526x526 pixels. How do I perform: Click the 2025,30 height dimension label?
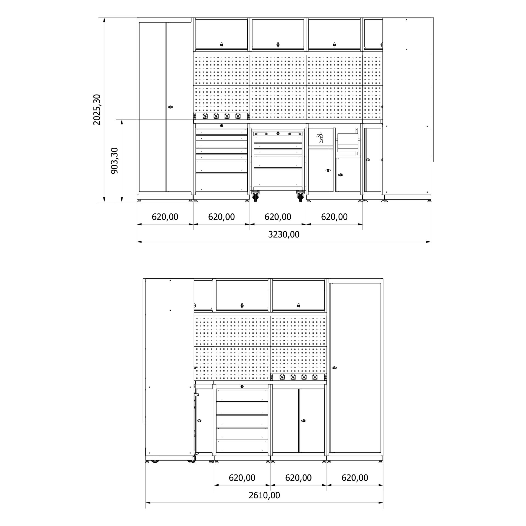pyautogui.click(x=97, y=110)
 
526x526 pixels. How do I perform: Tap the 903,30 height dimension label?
pyautogui.click(x=114, y=161)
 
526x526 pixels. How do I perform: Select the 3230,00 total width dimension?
pyautogui.click(x=284, y=235)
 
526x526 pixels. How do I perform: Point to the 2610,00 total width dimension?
pyautogui.click(x=264, y=495)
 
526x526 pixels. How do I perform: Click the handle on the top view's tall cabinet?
pyautogui.click(x=170, y=107)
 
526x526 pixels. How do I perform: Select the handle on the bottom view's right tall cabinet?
pyautogui.click(x=334, y=368)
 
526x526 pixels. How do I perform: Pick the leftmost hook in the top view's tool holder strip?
pyautogui.click(x=205, y=116)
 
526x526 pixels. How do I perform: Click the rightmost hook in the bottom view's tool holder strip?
pyautogui.click(x=315, y=377)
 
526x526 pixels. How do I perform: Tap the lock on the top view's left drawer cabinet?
pyautogui.click(x=221, y=126)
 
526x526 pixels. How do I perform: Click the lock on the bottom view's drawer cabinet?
pyautogui.click(x=242, y=387)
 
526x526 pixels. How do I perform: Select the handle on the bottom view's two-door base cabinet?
pyautogui.click(x=303, y=421)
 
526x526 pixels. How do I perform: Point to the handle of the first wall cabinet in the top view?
pyautogui.click(x=221, y=44)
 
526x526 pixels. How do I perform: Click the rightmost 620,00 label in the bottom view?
pyautogui.click(x=355, y=478)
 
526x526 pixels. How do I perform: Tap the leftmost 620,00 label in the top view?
pyautogui.click(x=165, y=217)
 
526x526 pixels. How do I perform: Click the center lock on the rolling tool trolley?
pyautogui.click(x=278, y=133)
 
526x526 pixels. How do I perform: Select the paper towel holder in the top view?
pyautogui.click(x=347, y=142)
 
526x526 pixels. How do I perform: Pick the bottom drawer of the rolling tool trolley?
pyautogui.click(x=278, y=177)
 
